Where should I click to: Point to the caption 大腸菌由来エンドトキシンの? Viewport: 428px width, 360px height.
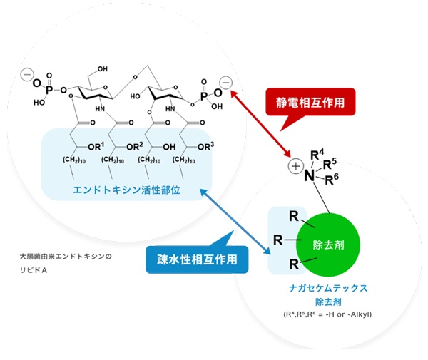[x=66, y=254]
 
